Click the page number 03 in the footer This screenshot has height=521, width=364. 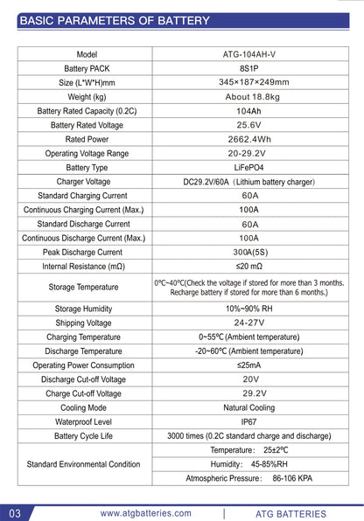tap(15, 513)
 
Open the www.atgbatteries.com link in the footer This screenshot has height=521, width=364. tap(145, 513)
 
